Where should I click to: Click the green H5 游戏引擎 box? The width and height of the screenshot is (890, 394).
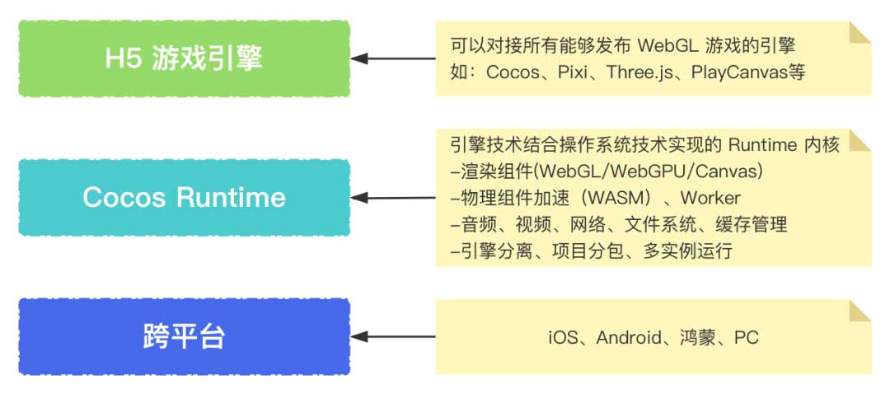(x=184, y=59)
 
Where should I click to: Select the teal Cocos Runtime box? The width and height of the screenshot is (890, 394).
(x=184, y=197)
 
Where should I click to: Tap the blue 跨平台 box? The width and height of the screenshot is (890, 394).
(x=184, y=336)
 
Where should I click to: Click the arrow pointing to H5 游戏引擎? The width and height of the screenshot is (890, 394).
(x=394, y=59)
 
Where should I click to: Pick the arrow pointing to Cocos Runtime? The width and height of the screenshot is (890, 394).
(x=394, y=198)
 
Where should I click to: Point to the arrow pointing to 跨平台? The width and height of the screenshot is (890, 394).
(x=394, y=336)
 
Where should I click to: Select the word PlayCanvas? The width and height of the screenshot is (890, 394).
(x=733, y=72)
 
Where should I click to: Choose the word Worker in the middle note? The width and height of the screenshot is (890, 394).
(x=710, y=198)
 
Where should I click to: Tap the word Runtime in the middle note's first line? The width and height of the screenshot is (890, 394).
(x=763, y=145)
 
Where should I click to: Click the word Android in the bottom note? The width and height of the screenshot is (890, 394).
(x=630, y=337)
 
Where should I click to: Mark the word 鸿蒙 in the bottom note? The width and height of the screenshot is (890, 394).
(x=700, y=337)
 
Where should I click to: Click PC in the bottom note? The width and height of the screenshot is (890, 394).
(x=747, y=337)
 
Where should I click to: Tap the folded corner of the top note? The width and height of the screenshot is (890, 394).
(x=860, y=32)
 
